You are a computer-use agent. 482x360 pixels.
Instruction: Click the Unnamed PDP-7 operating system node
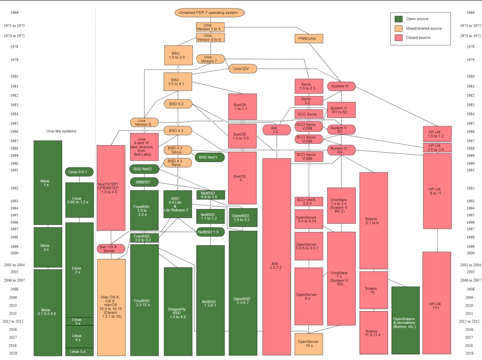[x=210, y=13]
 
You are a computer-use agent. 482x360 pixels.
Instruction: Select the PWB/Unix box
[x=309, y=39]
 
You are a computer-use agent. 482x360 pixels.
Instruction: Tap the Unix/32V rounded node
[x=243, y=69]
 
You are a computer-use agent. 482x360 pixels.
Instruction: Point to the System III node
[x=341, y=86]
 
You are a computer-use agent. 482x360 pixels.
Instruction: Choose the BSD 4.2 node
[x=178, y=104]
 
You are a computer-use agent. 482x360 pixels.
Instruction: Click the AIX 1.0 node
[x=277, y=130]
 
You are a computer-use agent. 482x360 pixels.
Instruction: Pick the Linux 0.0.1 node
[x=79, y=172]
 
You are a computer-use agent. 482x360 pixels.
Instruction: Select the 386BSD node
[x=144, y=182]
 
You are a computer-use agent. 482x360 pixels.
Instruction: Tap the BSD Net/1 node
[x=210, y=157]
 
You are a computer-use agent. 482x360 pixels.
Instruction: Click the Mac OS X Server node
[x=111, y=249]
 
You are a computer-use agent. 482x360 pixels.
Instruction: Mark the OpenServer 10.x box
[x=309, y=344]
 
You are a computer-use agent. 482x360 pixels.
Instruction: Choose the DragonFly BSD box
[x=178, y=311]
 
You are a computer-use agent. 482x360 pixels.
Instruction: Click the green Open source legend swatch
[x=398, y=19]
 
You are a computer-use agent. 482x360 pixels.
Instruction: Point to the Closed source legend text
[x=418, y=38]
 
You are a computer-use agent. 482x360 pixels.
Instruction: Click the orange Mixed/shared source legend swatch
[x=398, y=28]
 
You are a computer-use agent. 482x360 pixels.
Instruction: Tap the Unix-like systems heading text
[x=61, y=131]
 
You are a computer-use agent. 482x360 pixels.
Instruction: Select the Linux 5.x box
[x=79, y=352]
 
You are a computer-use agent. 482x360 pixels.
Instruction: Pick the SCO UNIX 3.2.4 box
[x=309, y=202]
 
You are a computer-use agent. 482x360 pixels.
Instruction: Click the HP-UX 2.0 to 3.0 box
[x=437, y=147]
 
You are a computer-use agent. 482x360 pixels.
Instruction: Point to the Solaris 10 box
[x=374, y=290]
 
